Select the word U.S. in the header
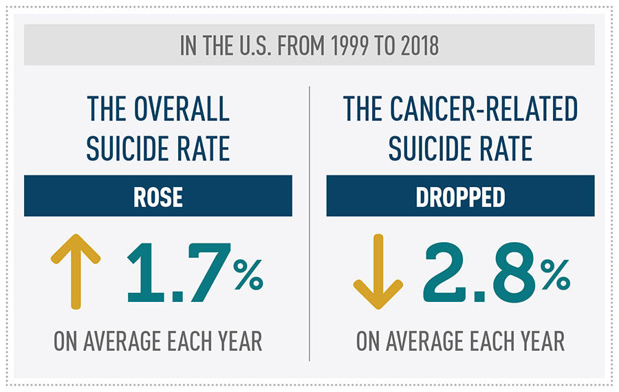[x=252, y=47]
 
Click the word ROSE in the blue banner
[x=158, y=197]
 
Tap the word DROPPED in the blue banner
[x=460, y=197]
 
